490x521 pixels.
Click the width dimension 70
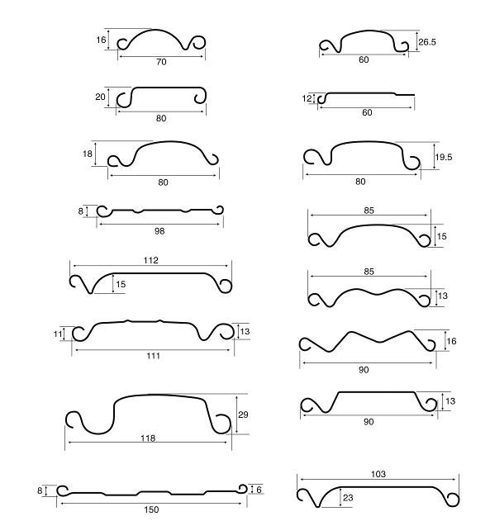(x=161, y=62)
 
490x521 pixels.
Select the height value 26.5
(x=427, y=42)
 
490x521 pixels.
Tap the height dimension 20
(x=100, y=97)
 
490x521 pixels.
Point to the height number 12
(x=307, y=98)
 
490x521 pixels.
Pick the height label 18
(x=88, y=154)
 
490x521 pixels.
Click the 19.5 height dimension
(x=444, y=157)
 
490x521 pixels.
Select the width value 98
(x=159, y=231)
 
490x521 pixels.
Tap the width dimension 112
(x=151, y=260)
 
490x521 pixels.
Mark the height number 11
(x=58, y=334)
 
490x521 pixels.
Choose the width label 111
(x=153, y=356)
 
